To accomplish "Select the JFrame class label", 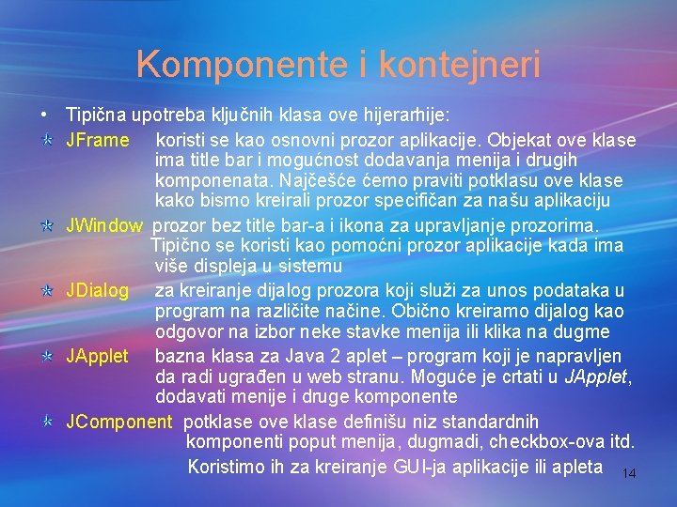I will (97, 141).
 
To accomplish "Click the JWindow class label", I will (103, 225).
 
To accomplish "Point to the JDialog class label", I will (97, 290).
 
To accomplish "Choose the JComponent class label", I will (118, 422).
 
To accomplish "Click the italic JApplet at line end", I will (596, 377).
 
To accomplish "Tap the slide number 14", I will (629, 474).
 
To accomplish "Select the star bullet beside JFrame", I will (45, 141).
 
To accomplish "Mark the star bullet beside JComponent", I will (45, 422).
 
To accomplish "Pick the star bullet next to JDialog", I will (45, 291).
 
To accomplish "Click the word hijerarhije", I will (407, 115).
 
